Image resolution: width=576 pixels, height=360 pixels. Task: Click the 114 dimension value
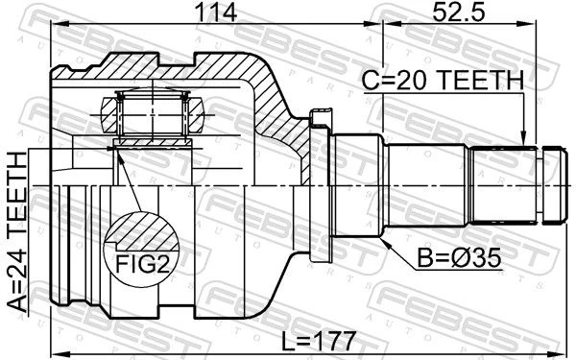pos(216,12)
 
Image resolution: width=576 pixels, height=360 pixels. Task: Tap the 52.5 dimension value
pos(459,12)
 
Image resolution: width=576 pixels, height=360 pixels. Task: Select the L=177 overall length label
pos(319,341)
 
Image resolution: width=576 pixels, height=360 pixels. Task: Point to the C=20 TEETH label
pos(443,80)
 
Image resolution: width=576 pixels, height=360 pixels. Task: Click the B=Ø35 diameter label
pos(459,258)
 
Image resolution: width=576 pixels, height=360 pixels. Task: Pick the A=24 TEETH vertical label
pos(17,232)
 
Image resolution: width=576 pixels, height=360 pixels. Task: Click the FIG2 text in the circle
pos(142,263)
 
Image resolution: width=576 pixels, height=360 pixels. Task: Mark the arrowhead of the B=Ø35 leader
pos(386,243)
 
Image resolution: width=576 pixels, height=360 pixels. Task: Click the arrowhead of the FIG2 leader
pos(117,154)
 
